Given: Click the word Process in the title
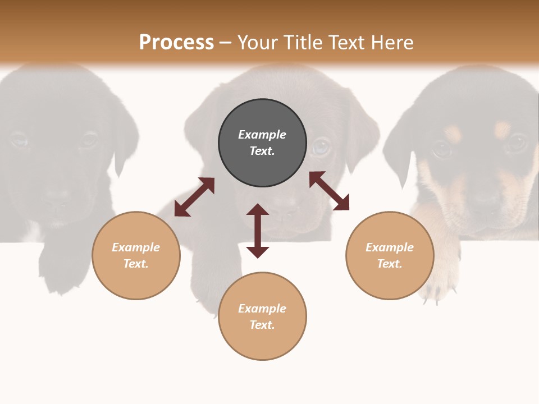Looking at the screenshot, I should tap(176, 43).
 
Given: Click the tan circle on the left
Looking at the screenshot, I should tap(136, 255).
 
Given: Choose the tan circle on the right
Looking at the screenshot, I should tap(390, 255).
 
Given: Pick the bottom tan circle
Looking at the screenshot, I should tap(262, 316).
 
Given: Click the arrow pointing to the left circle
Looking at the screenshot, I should tap(194, 197).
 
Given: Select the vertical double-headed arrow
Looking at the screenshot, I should tap(258, 231).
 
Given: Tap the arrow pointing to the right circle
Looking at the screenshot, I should tap(329, 191).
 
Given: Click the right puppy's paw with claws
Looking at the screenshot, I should tap(438, 289).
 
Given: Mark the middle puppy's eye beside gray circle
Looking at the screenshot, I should tap(321, 146).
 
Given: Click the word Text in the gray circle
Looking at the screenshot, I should tap(262, 151).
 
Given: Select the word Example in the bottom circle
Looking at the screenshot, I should tap(262, 309).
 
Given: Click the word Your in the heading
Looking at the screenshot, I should tap(259, 43).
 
